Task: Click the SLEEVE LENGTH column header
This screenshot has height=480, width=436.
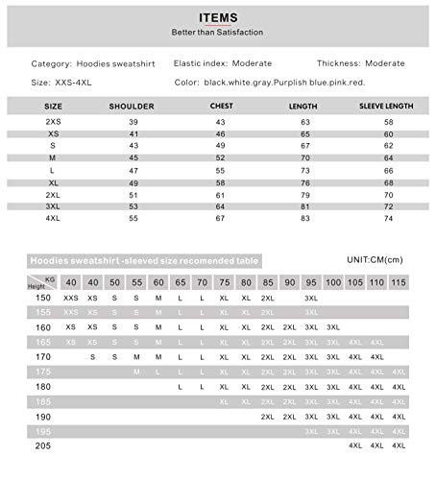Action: (x=387, y=107)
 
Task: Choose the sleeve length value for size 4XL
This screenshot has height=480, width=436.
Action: (x=389, y=218)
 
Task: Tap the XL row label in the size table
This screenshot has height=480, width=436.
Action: (x=54, y=181)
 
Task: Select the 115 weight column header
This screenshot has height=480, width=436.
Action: (x=399, y=282)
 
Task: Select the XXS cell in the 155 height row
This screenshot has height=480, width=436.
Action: (x=71, y=313)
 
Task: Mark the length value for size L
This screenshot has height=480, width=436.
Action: (x=305, y=169)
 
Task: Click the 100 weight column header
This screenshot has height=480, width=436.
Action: (x=333, y=282)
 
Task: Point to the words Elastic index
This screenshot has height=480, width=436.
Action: (x=200, y=63)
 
